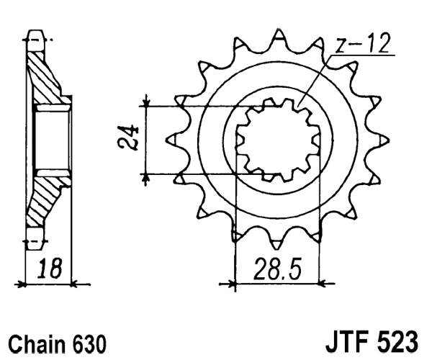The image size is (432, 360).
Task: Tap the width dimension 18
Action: (x=50, y=270)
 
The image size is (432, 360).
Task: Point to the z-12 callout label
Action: (x=364, y=44)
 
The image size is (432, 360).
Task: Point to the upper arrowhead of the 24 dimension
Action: (x=146, y=102)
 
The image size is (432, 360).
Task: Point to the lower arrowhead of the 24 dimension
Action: (x=146, y=177)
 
